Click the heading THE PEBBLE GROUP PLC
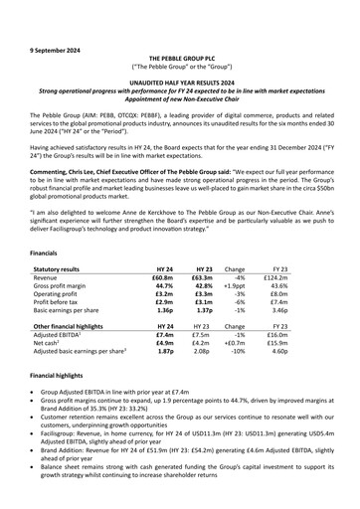(179, 32)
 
